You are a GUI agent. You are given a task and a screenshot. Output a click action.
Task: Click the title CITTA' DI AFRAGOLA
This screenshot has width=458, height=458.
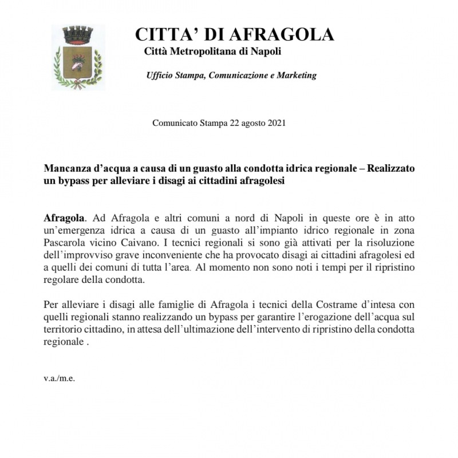(x=234, y=34)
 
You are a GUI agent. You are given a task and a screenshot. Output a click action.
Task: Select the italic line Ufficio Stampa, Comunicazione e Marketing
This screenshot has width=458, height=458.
(x=231, y=76)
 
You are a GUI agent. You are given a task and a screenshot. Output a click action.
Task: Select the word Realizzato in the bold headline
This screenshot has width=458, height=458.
(x=391, y=169)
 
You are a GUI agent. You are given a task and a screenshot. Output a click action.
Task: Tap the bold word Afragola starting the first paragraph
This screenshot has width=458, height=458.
(x=64, y=218)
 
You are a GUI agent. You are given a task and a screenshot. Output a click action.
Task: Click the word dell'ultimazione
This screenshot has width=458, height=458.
(x=256, y=330)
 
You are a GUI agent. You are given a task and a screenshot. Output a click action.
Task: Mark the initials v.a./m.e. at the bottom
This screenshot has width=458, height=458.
(x=60, y=378)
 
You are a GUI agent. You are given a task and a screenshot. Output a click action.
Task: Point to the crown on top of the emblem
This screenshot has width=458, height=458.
(x=78, y=34)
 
